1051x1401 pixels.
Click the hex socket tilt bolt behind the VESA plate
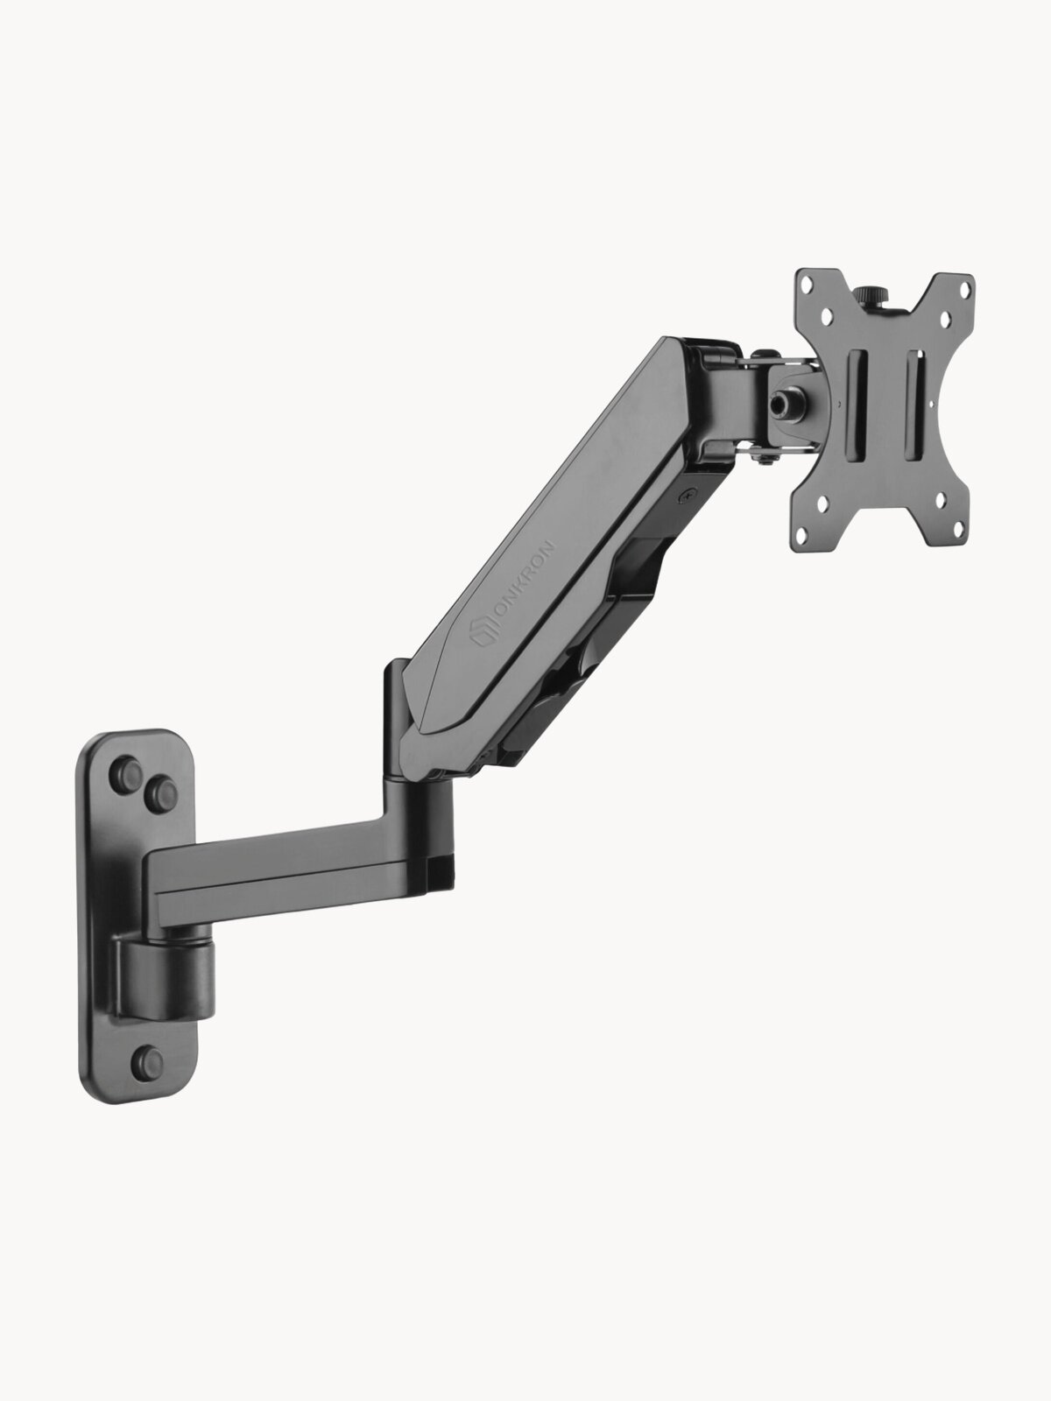tap(781, 405)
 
